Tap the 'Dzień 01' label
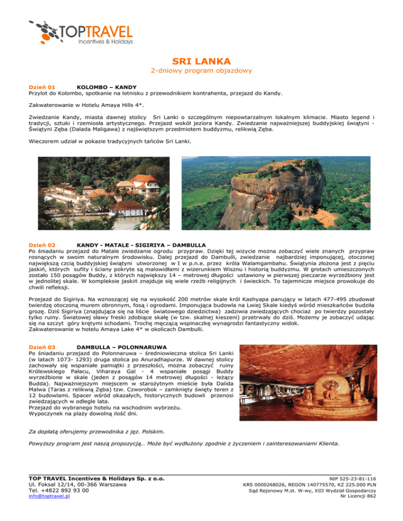click(42, 86)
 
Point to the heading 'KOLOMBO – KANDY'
click(107, 86)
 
